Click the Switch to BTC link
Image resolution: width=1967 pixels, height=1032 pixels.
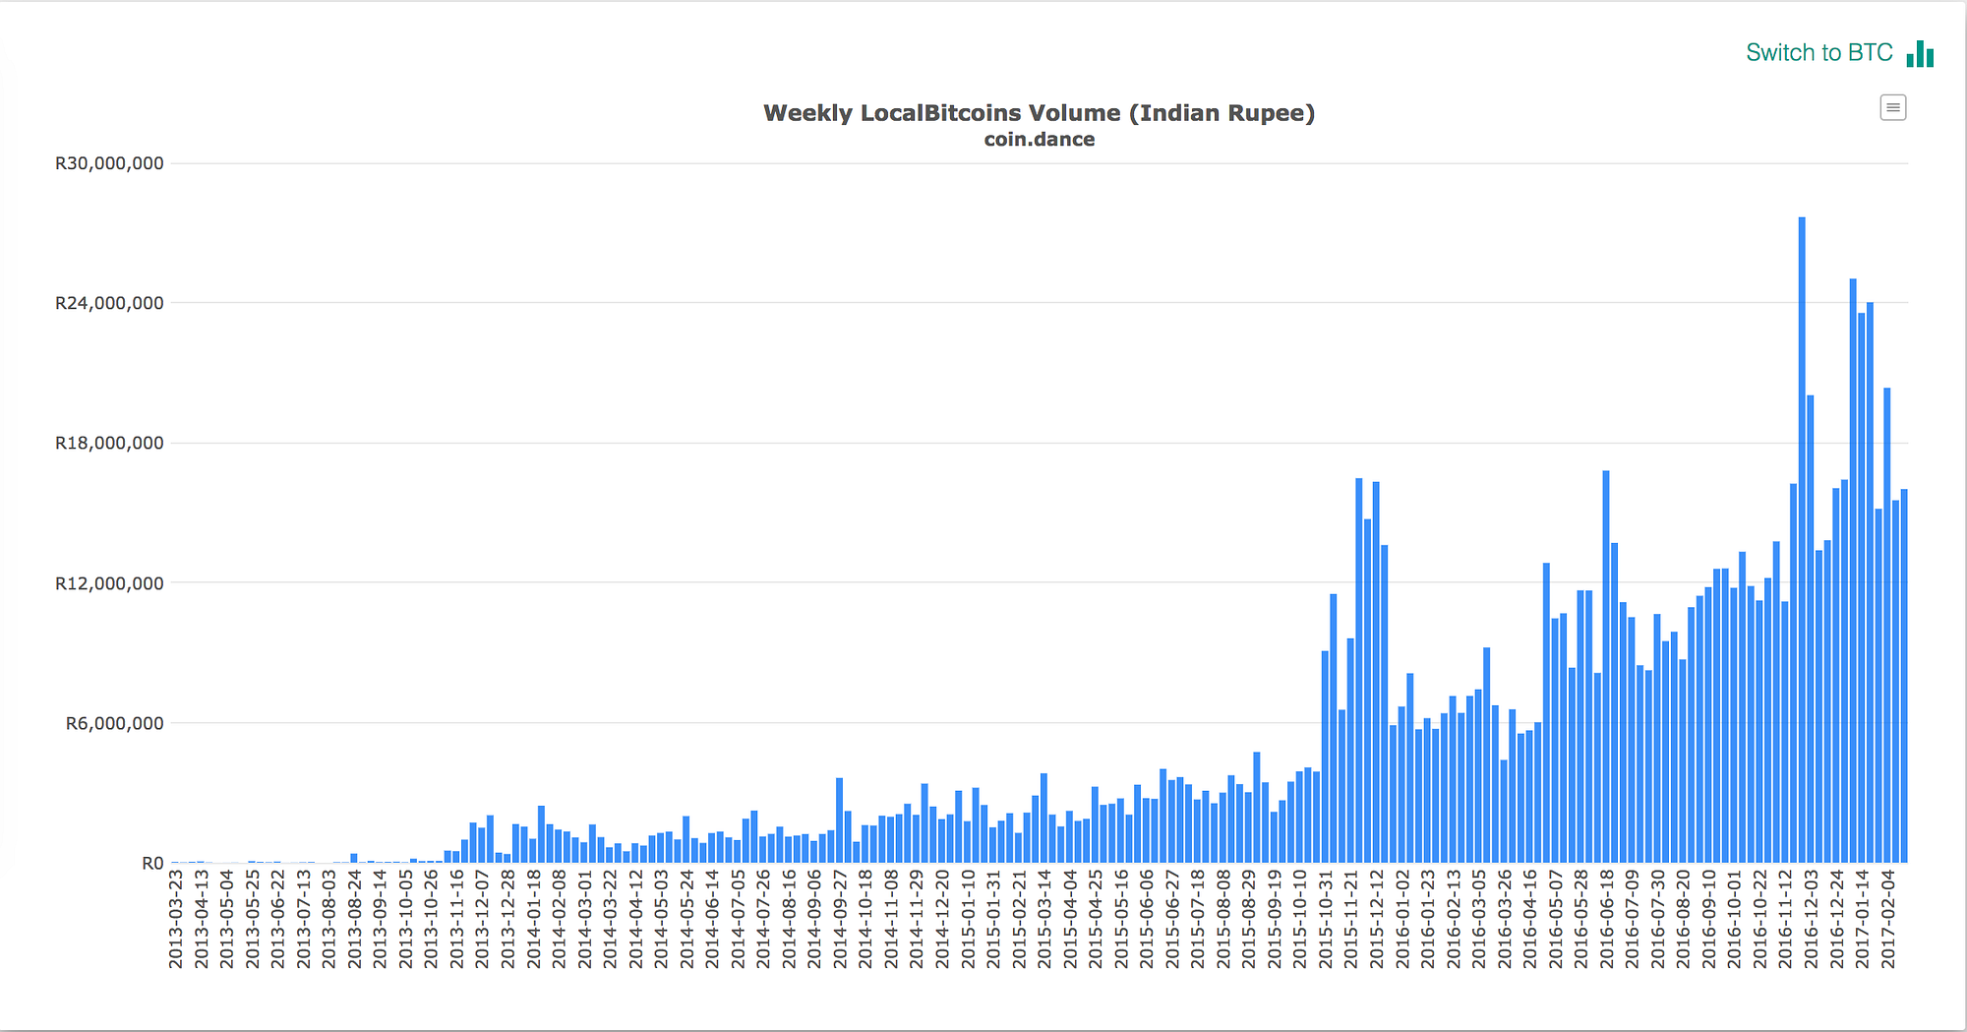(1818, 53)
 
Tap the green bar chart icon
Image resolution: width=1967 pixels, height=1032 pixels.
(1920, 54)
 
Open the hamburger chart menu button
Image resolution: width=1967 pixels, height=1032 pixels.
(1892, 107)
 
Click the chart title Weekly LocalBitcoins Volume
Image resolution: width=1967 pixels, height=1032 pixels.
(1039, 113)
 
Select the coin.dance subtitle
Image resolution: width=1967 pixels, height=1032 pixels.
(1039, 140)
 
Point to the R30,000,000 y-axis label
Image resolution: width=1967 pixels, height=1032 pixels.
(109, 163)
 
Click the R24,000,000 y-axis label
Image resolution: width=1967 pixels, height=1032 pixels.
(109, 303)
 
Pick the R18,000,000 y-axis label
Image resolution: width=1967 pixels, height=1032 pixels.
(109, 443)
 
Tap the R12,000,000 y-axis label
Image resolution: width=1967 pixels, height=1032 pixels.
(109, 583)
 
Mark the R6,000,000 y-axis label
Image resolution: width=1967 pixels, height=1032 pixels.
(114, 723)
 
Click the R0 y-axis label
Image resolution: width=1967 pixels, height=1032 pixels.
(152, 863)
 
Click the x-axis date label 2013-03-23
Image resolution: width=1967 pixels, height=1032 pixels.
(176, 919)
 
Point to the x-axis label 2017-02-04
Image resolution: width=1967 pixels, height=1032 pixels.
(1887, 919)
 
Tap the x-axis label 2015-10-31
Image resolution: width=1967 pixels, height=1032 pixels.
(1325, 919)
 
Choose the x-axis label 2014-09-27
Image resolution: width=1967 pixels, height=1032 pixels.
(839, 919)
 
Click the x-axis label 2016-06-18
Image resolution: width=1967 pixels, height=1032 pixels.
(1606, 919)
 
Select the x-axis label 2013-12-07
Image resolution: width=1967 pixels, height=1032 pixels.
(482, 919)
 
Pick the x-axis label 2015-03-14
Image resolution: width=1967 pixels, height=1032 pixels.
(1043, 919)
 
